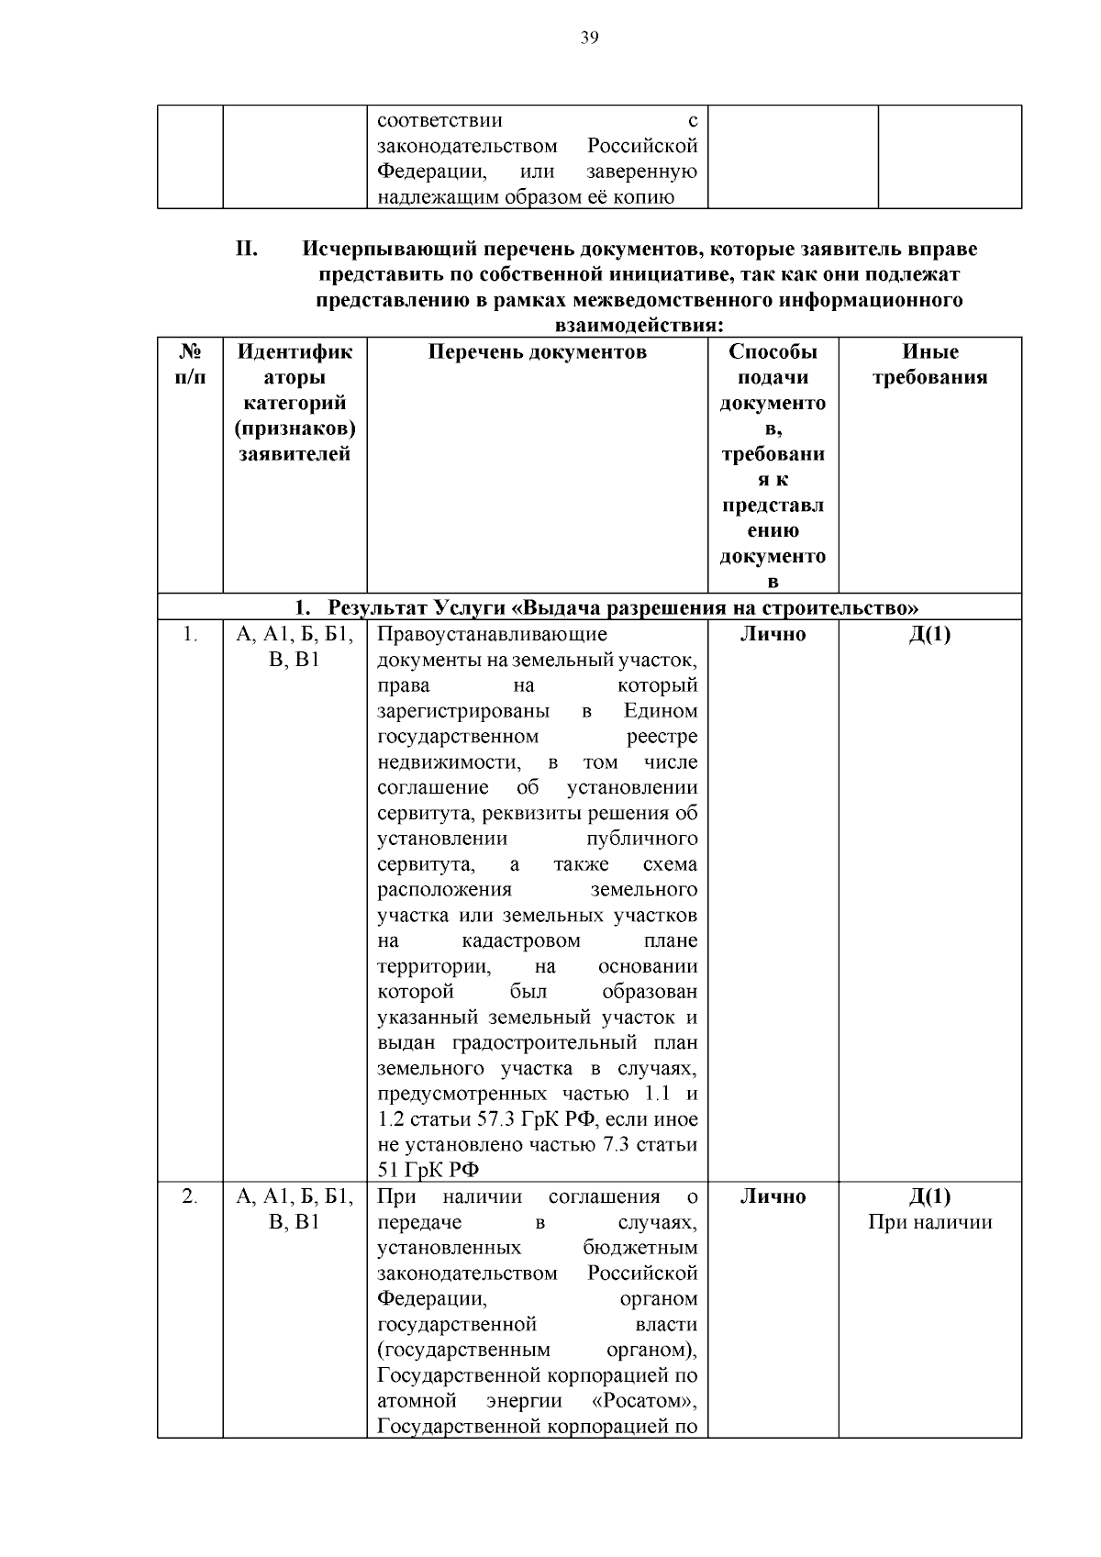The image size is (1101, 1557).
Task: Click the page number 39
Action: (589, 37)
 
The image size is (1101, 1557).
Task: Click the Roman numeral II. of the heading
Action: (246, 249)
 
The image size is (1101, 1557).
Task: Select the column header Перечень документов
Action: (538, 352)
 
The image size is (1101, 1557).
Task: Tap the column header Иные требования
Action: (929, 364)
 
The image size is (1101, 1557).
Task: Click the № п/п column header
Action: (190, 364)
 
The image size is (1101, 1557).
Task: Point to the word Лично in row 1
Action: (773, 634)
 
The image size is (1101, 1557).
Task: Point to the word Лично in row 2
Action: (773, 1196)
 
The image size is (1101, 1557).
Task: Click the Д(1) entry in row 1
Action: (929, 634)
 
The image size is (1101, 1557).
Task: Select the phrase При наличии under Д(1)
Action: (929, 1222)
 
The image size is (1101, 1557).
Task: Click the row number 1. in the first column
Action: (190, 634)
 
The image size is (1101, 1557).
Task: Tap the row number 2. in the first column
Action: (190, 1196)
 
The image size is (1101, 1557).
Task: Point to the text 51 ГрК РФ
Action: (428, 1170)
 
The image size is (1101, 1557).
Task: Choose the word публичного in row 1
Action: (641, 839)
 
